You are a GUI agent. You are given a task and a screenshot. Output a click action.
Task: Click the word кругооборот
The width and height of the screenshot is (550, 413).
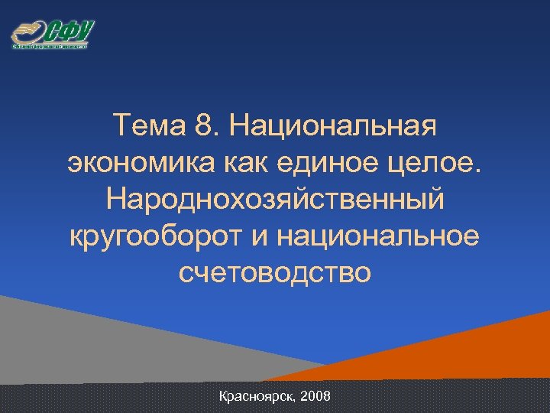[153, 235]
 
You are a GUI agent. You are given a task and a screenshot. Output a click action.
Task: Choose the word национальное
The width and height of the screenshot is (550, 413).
[380, 235]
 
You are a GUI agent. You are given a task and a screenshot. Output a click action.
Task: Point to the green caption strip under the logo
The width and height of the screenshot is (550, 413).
[50, 46]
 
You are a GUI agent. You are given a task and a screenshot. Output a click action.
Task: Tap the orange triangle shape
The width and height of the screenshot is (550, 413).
[489, 344]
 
